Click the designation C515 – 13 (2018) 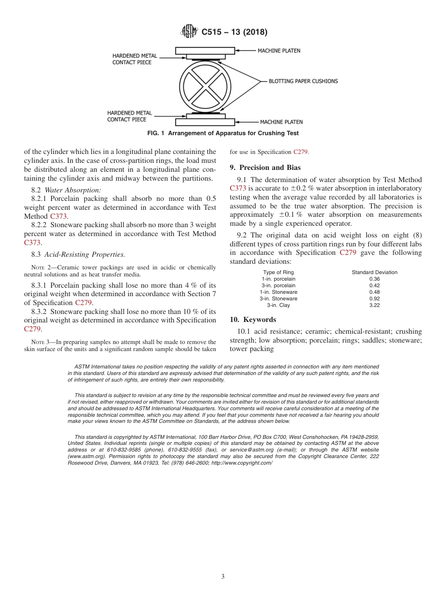coord(234,32)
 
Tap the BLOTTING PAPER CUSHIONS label coord(303,81)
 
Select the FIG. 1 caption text coord(223,133)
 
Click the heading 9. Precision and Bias coord(265,168)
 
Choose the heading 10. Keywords coord(253,320)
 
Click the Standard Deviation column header coord(374,272)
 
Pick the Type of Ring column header coord(278,272)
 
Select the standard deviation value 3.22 coord(374,305)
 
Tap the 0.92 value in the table coord(374,298)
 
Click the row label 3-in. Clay coord(278,305)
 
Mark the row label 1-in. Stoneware coord(278,292)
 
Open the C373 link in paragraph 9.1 coord(238,188)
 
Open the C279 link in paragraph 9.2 coord(348,253)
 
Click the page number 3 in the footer coord(223,576)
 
